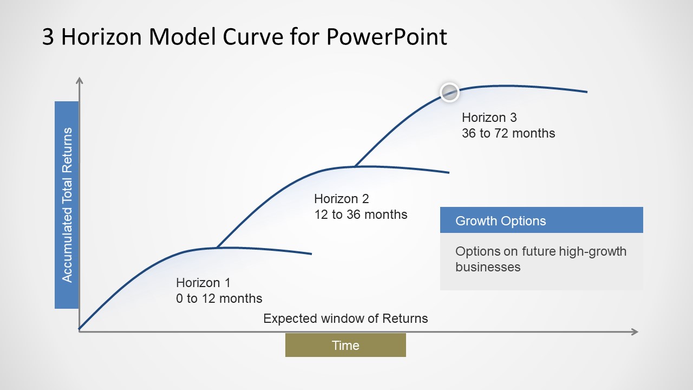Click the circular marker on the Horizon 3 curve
pos(449,93)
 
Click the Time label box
pos(345,345)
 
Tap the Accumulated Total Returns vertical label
pos(67,205)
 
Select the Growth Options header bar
pos(541,220)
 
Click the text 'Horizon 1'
pos(203,283)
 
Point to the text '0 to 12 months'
pos(219,298)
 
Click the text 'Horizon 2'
pos(342,199)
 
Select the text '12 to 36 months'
pos(361,214)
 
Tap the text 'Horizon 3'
pos(489,118)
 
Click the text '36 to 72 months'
pos(508,133)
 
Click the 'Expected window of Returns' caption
pos(345,318)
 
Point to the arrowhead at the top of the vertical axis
pos(80,81)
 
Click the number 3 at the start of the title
pos(48,37)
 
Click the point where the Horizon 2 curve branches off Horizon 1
pos(217,248)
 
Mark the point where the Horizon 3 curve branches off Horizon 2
pos(355,166)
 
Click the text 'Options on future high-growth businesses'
pos(541,259)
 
